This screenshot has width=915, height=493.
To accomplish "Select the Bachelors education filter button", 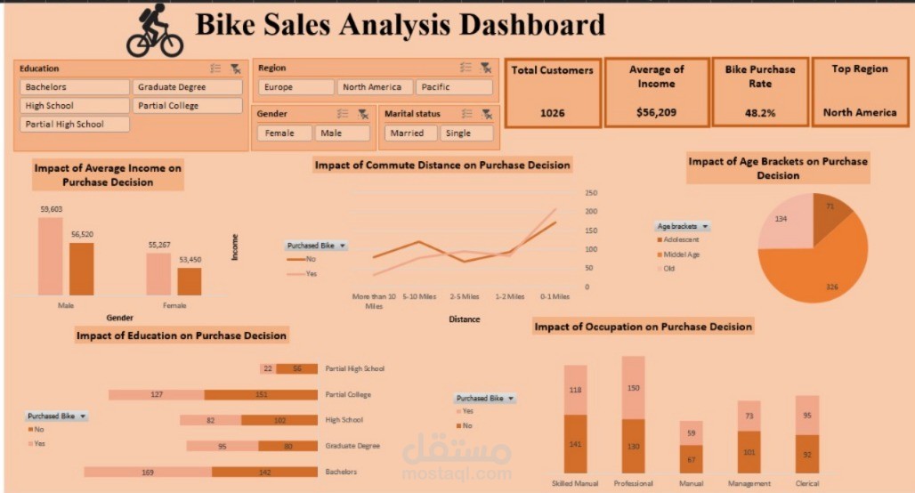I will [x=75, y=87].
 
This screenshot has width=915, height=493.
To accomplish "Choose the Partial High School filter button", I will [x=75, y=125].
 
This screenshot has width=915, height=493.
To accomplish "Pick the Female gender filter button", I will [x=284, y=133].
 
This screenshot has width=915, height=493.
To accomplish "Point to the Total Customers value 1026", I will [x=551, y=113].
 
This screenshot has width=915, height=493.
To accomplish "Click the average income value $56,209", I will [x=656, y=113].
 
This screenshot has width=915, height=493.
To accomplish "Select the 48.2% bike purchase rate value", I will [x=759, y=113].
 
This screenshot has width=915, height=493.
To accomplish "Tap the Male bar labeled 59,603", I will [x=51, y=258].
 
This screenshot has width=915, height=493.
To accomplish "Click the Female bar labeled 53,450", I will [x=189, y=281].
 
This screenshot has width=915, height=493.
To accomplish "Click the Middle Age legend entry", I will [x=681, y=255].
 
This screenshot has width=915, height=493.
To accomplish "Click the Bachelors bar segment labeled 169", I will [x=148, y=472].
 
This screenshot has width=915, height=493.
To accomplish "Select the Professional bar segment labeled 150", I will [x=633, y=388].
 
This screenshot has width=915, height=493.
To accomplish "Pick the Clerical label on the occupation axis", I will [x=806, y=484].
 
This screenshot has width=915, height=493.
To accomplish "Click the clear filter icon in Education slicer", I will [x=235, y=69].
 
